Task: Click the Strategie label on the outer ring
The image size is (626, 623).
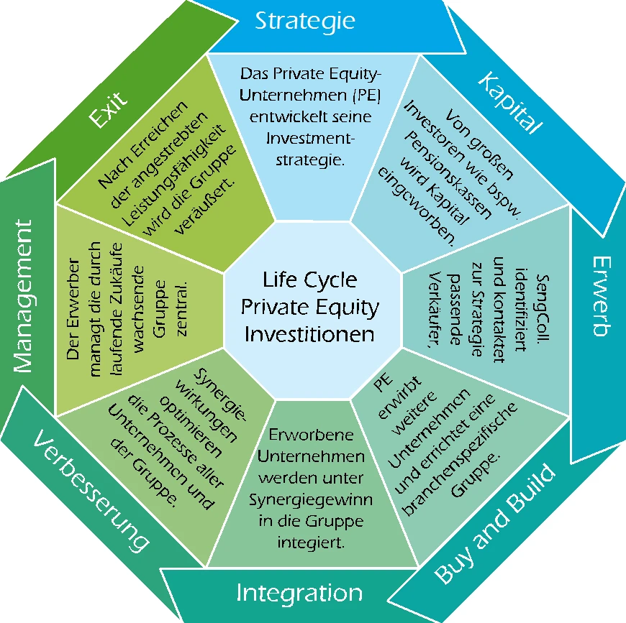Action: coord(304,21)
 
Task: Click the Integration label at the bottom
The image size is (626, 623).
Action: coord(299,594)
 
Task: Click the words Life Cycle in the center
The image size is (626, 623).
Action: coord(309,279)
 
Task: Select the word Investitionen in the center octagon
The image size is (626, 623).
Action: coord(309,334)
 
